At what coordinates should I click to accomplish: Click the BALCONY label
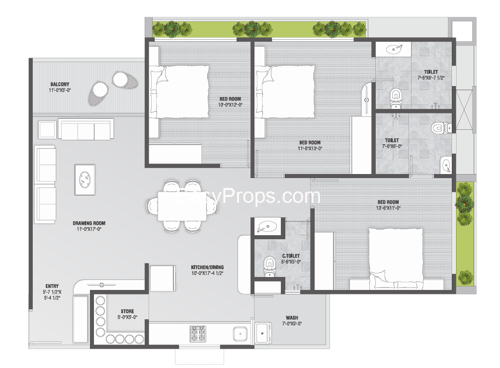[60, 84]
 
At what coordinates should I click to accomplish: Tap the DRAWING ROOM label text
[89, 223]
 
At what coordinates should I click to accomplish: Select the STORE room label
[127, 311]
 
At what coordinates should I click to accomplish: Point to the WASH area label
[292, 318]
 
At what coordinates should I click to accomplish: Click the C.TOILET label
[291, 256]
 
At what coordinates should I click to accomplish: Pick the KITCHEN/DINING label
[207, 267]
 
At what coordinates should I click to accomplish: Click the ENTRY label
[52, 286]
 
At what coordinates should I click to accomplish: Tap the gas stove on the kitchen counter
[198, 334]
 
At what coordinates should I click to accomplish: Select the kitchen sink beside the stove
[240, 334]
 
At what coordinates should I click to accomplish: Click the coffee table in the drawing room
[85, 180]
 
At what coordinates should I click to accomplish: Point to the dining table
[182, 206]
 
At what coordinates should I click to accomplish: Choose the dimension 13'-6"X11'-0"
[388, 208]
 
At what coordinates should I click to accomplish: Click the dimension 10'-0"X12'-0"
[230, 105]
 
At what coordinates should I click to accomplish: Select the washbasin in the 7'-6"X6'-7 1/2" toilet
[395, 49]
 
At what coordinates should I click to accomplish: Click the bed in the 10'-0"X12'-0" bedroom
[179, 92]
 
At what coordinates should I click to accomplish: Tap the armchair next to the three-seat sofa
[47, 130]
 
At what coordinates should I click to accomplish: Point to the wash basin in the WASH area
[263, 333]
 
